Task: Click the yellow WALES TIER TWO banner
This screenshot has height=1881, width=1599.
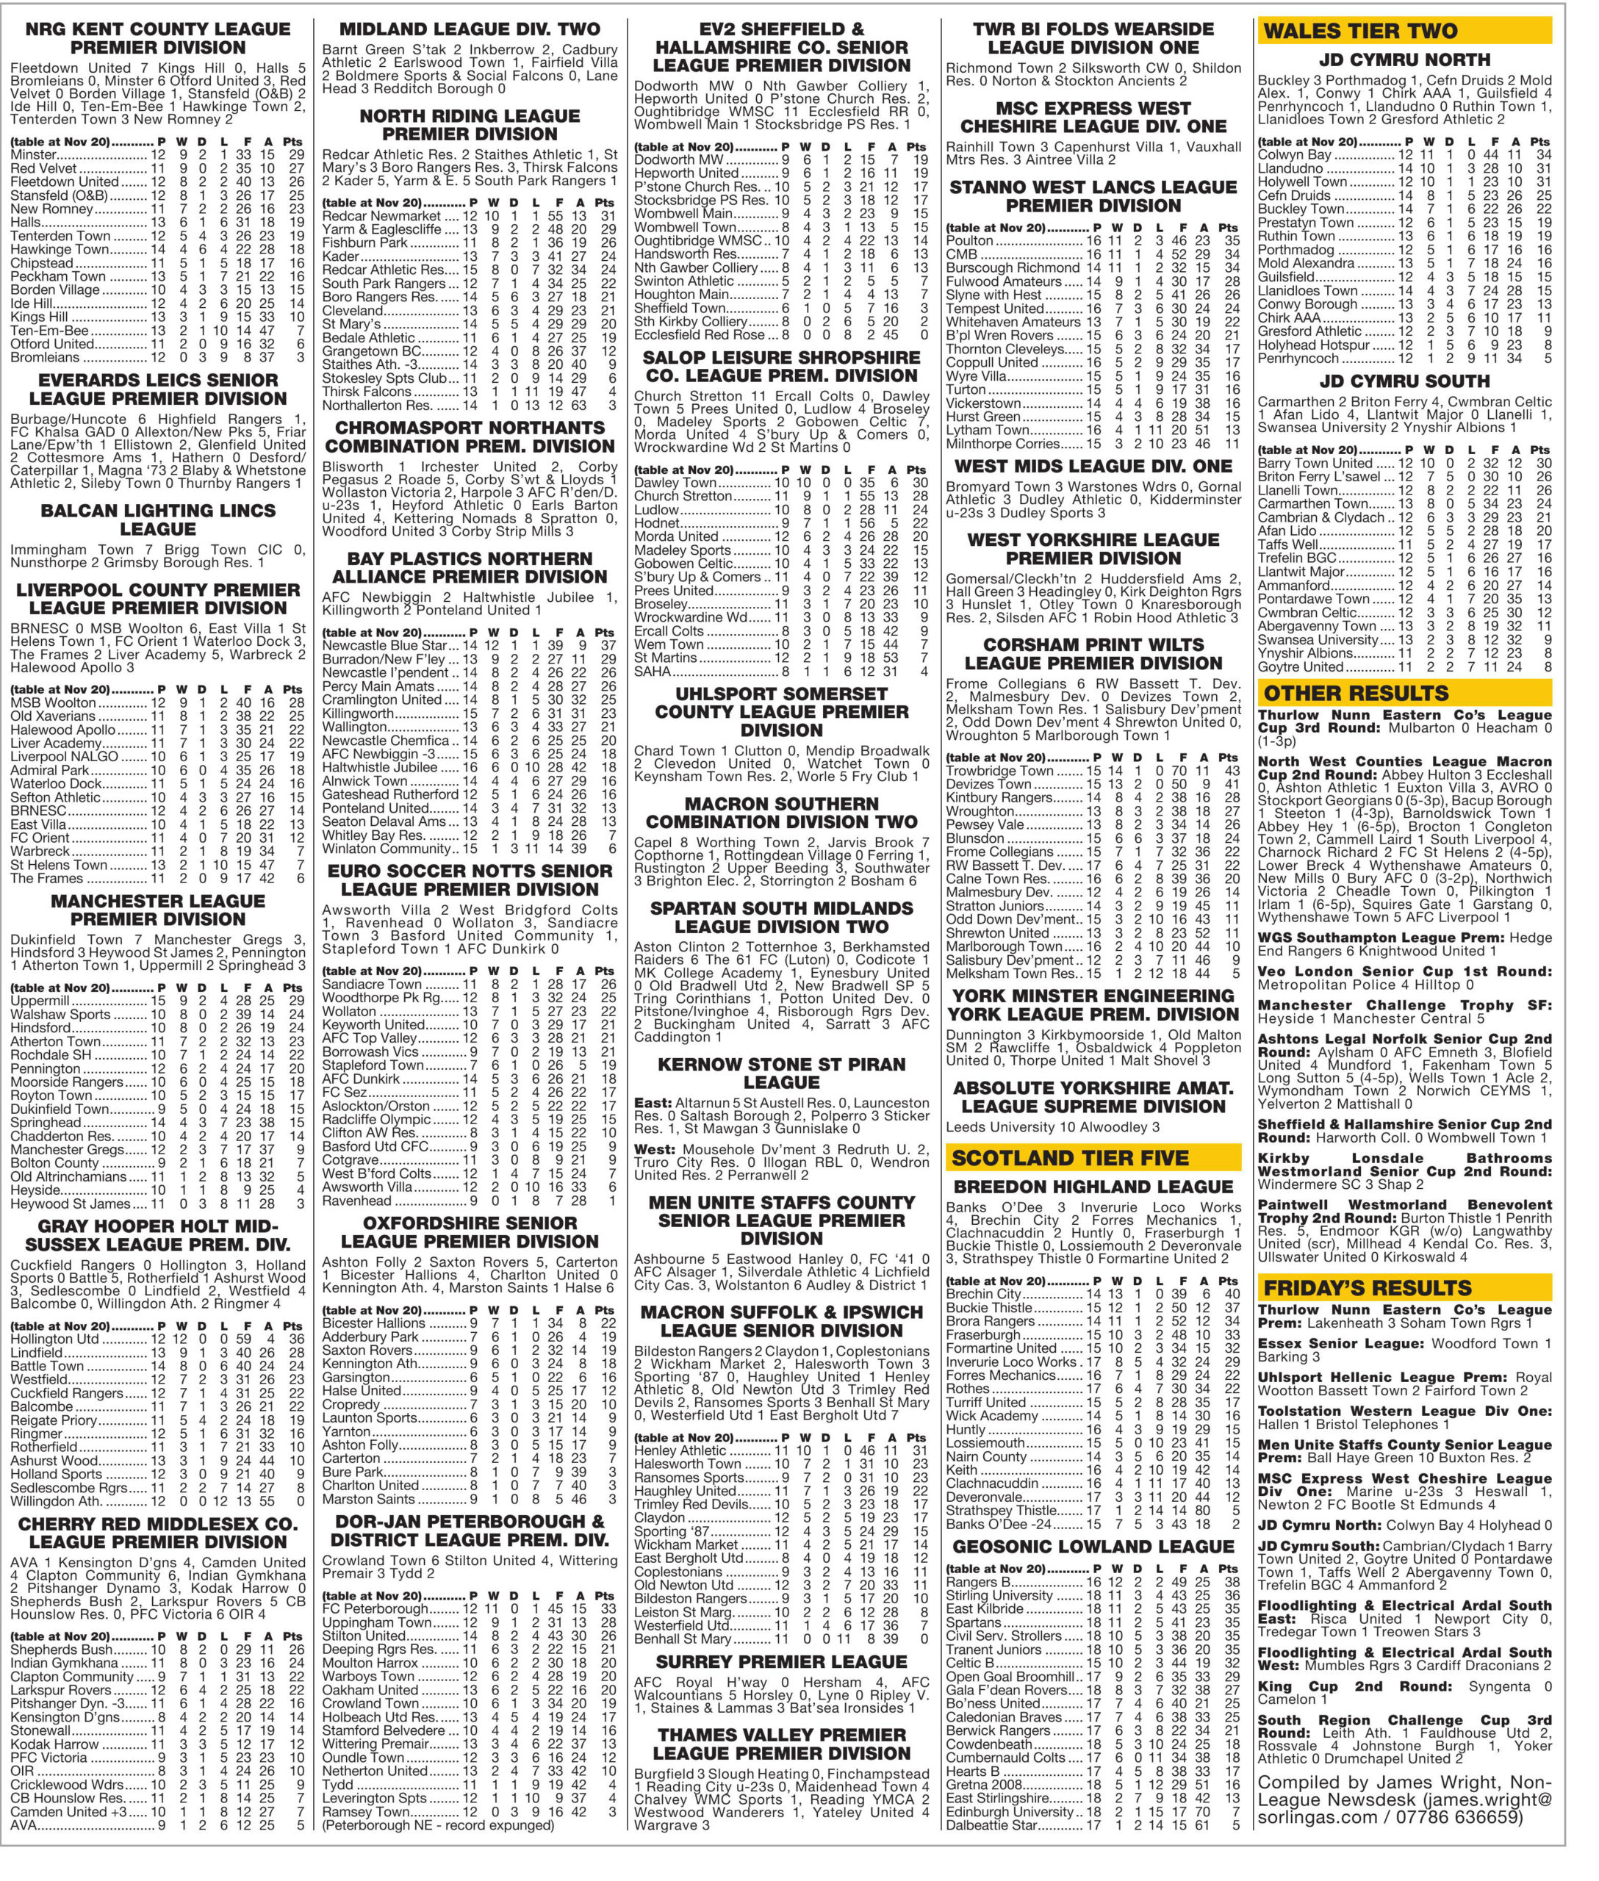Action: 1404,31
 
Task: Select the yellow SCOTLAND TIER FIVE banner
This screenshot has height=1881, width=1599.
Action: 1092,1157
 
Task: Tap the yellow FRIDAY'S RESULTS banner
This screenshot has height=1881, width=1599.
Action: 1404,1288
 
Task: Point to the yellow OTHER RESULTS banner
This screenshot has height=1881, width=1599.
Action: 1404,694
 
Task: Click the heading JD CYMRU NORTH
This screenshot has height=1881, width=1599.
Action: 1404,60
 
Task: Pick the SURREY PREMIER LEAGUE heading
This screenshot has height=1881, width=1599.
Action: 780,1661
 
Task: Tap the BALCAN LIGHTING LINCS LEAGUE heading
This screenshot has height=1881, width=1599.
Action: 158,519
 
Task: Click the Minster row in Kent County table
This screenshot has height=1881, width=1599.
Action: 158,155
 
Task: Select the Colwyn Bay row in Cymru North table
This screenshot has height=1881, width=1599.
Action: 1404,155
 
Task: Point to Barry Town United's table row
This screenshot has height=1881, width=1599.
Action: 1404,463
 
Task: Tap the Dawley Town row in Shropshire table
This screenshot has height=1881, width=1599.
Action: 780,483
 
